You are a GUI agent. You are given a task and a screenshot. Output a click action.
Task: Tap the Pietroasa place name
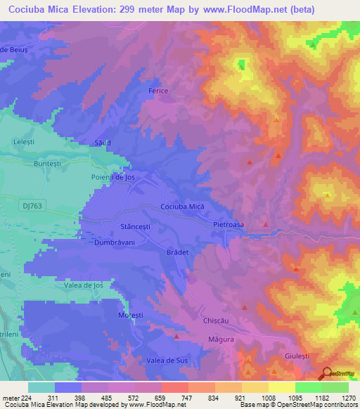tap(229, 224)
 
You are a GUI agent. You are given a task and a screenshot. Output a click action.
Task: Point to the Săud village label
tap(103, 143)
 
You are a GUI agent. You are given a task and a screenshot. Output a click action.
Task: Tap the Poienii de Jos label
tap(112, 177)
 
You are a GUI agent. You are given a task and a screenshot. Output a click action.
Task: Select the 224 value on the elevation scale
tap(28, 398)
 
